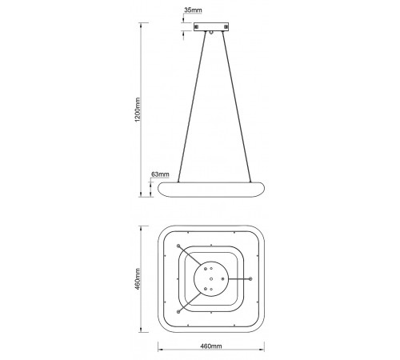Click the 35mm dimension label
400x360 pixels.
193,10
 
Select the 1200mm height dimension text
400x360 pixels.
138,110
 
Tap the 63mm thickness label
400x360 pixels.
160,174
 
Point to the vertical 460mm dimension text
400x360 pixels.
138,279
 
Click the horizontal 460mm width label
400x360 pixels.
211,346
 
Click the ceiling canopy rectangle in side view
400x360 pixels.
211,27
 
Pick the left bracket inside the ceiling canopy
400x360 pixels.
197,27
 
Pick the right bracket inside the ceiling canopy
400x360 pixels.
226,27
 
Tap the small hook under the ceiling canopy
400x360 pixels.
211,33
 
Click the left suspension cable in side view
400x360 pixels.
192,107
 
